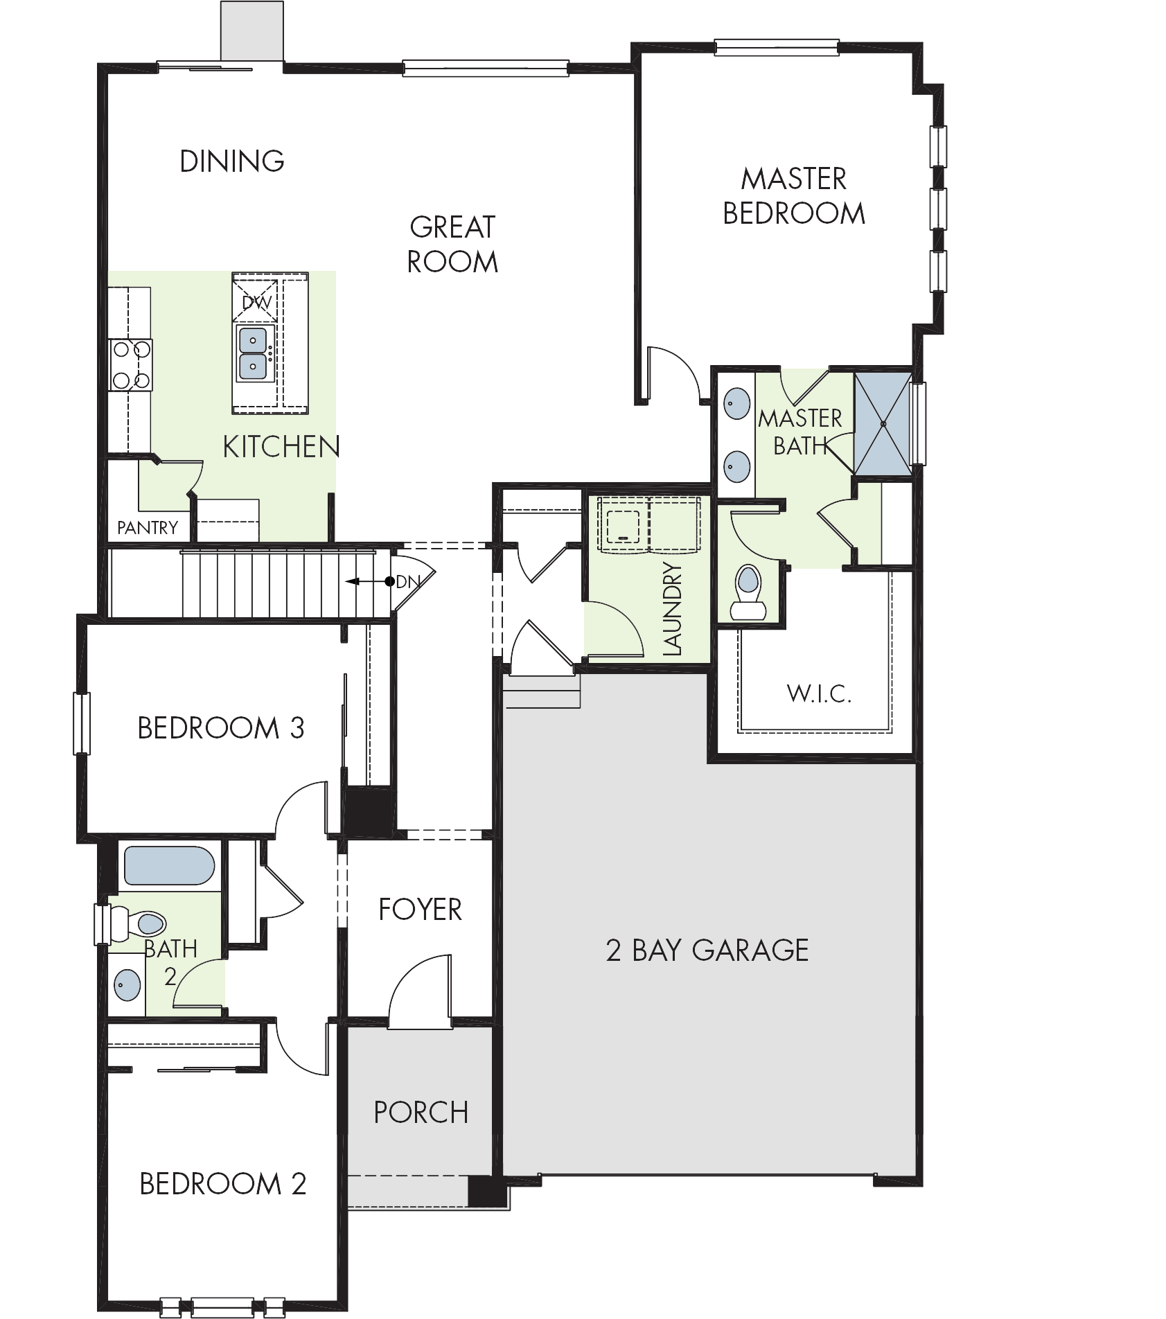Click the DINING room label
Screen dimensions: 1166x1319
click(232, 161)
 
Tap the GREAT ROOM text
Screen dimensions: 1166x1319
click(452, 245)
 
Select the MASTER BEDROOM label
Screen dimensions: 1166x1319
click(794, 196)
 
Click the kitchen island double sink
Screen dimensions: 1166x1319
click(253, 353)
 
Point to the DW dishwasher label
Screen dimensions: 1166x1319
click(257, 303)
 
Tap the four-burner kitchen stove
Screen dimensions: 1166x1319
click(131, 365)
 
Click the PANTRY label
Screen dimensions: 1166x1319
click(147, 528)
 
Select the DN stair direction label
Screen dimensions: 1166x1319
click(407, 582)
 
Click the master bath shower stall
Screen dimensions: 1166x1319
click(883, 423)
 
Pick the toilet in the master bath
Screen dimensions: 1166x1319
click(747, 593)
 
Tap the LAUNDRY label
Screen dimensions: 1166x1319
click(672, 609)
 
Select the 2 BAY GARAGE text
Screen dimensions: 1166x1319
click(707, 950)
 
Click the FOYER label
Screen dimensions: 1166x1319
click(420, 910)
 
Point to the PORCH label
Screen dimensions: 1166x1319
click(421, 1113)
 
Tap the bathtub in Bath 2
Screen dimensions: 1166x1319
click(168, 866)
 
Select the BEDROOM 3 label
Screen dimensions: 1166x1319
click(221, 728)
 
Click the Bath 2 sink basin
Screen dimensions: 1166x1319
click(127, 984)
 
